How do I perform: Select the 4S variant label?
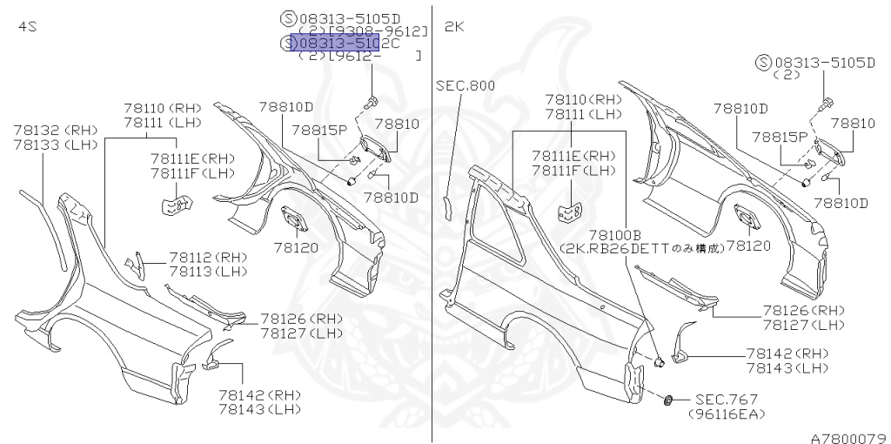pyautogui.click(x=27, y=27)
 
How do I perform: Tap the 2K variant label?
pyautogui.click(x=454, y=27)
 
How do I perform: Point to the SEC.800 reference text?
pyautogui.click(x=465, y=85)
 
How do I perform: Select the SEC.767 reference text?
pyautogui.click(x=727, y=399)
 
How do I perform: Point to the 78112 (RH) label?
pyautogui.click(x=208, y=258)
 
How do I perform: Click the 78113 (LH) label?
pyautogui.click(x=208, y=272)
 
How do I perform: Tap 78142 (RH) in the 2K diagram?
pyautogui.click(x=787, y=353)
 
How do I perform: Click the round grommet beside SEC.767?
pyautogui.click(x=668, y=400)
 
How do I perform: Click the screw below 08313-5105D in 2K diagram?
pyautogui.click(x=822, y=105)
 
